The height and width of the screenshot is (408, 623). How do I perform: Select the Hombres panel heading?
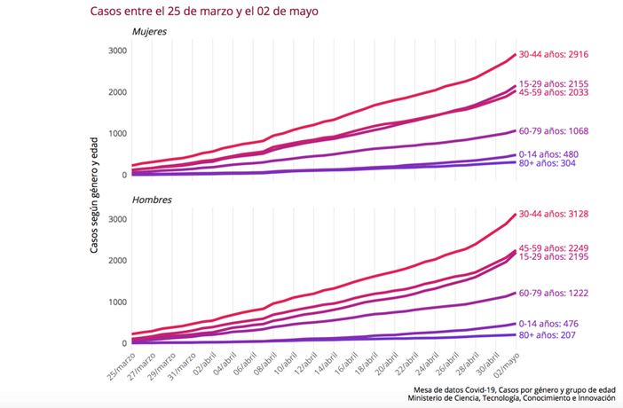coord(151,200)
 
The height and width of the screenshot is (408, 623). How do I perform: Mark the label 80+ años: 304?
coord(556,164)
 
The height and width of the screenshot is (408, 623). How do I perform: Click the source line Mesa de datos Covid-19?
coord(514,389)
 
